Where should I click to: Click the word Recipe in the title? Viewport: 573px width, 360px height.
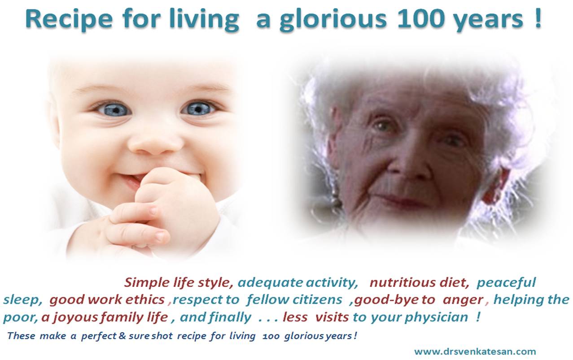pyautogui.click(x=69, y=20)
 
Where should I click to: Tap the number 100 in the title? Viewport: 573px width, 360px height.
pyautogui.click(x=420, y=19)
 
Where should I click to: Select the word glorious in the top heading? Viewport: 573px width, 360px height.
pyautogui.click(x=333, y=21)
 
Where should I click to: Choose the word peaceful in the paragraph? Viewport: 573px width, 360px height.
pyautogui.click(x=506, y=283)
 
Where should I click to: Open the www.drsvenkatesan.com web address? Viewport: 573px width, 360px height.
pyautogui.click(x=475, y=351)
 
